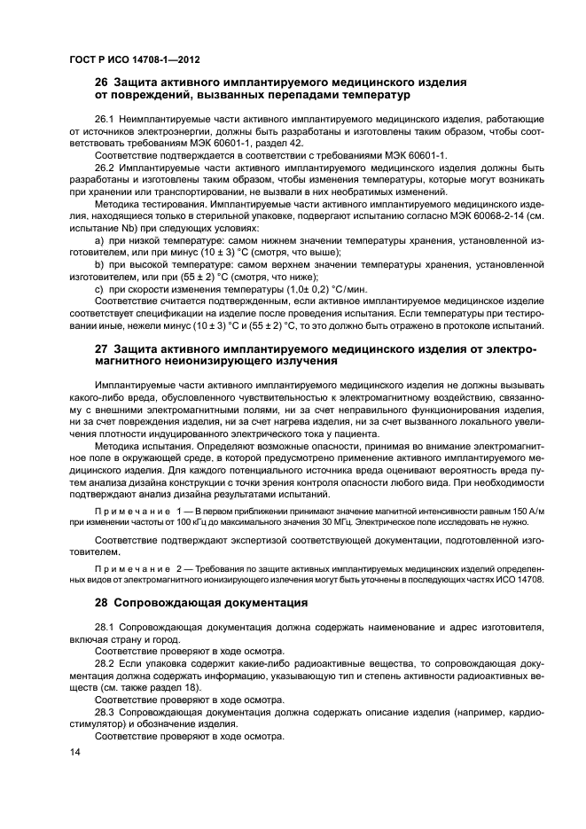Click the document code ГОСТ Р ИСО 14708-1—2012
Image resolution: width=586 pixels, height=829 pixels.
[134, 59]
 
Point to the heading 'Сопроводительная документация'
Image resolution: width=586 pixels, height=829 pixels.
[212, 603]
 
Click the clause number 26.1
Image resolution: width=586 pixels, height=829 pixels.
[105, 118]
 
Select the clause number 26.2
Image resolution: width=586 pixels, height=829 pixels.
[105, 167]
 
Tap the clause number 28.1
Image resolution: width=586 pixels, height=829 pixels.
[105, 627]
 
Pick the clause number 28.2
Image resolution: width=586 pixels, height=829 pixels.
[105, 662]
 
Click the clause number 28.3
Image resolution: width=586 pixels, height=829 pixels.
[105, 712]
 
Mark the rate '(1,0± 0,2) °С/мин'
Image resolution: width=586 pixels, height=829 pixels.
[316, 290]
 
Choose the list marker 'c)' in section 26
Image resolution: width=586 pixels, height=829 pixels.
[99, 290]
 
